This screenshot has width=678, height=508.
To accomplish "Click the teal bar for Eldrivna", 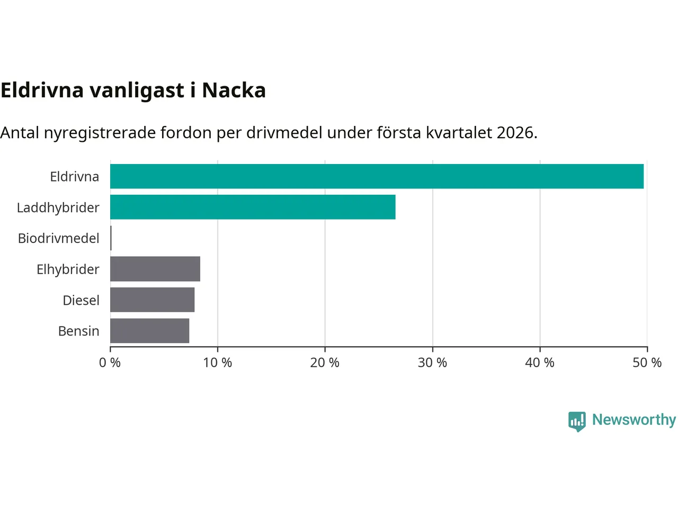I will pyautogui.click(x=377, y=176).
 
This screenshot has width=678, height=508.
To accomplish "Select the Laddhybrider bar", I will pyautogui.click(x=253, y=207).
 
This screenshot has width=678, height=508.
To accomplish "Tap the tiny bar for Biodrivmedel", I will pyautogui.click(x=111, y=238).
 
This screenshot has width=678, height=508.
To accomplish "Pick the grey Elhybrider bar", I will pyautogui.click(x=155, y=269).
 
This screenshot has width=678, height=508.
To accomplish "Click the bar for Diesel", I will pyautogui.click(x=152, y=300).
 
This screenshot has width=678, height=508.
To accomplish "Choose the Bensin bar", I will pyautogui.click(x=149, y=331).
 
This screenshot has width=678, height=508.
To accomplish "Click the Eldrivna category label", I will pyautogui.click(x=74, y=176).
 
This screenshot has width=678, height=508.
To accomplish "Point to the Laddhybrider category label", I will pyautogui.click(x=58, y=207).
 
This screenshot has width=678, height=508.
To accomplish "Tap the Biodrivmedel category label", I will pyautogui.click(x=59, y=238).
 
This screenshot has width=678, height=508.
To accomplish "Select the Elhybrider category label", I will pyautogui.click(x=68, y=269).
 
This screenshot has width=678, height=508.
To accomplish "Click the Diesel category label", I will pyautogui.click(x=81, y=300).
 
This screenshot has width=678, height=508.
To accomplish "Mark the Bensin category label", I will pyautogui.click(x=78, y=331).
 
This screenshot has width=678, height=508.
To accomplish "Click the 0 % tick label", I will pyautogui.click(x=110, y=362).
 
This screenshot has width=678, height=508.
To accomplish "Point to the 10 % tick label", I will pyautogui.click(x=218, y=362).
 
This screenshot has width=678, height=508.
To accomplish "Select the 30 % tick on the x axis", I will pyautogui.click(x=432, y=362).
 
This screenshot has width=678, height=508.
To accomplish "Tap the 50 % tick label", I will pyautogui.click(x=647, y=362).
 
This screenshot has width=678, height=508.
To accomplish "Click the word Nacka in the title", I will pyautogui.click(x=234, y=90).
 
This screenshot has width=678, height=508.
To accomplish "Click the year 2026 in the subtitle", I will pyautogui.click(x=516, y=132).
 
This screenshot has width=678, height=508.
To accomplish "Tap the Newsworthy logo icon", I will pyautogui.click(x=577, y=421).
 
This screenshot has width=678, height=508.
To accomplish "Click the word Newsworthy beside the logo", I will pyautogui.click(x=634, y=420).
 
